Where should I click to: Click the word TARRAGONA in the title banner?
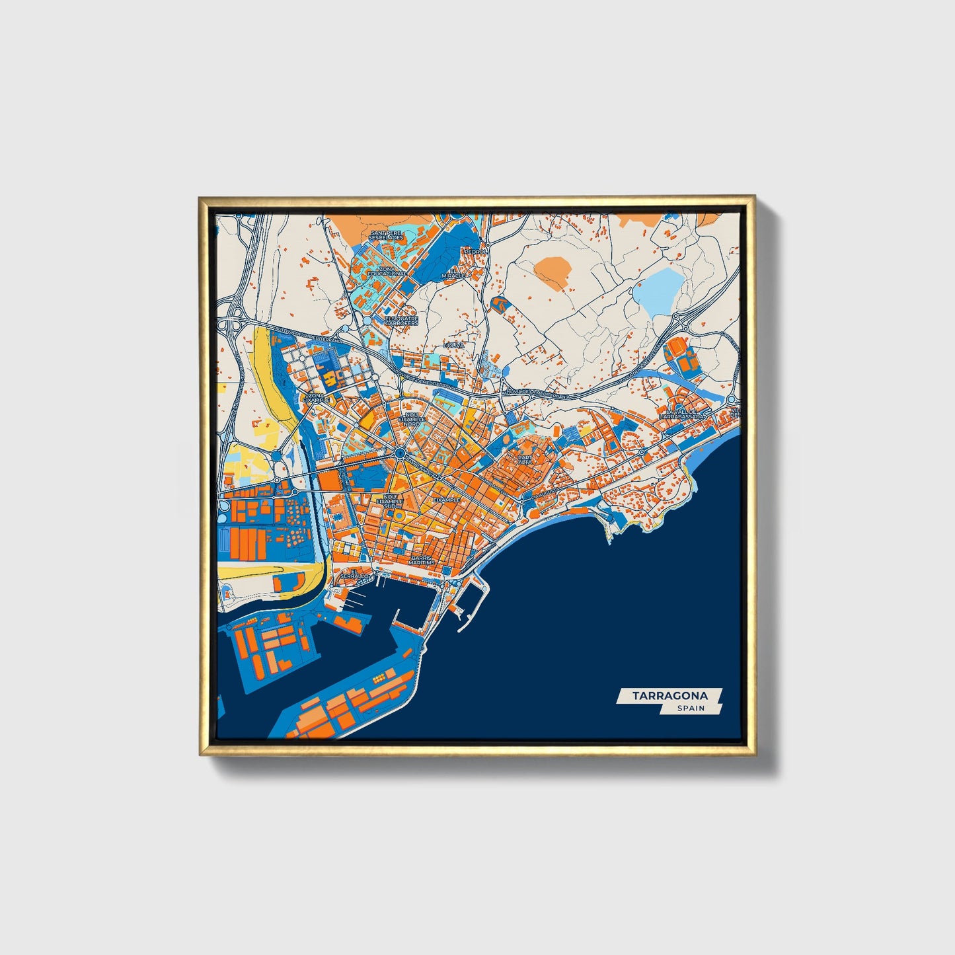click(x=669, y=695)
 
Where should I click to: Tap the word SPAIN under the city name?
click(x=691, y=708)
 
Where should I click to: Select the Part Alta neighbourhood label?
click(x=525, y=459)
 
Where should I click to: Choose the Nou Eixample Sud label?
click(x=394, y=502)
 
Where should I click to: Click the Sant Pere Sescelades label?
click(x=386, y=235)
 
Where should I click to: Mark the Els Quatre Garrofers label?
click(x=401, y=321)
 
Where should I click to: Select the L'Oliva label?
click(x=455, y=345)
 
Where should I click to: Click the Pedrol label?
click(x=475, y=252)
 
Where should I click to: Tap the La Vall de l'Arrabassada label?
click(x=681, y=414)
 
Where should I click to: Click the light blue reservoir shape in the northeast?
click(x=658, y=291)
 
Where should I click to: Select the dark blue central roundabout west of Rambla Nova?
click(x=400, y=453)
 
